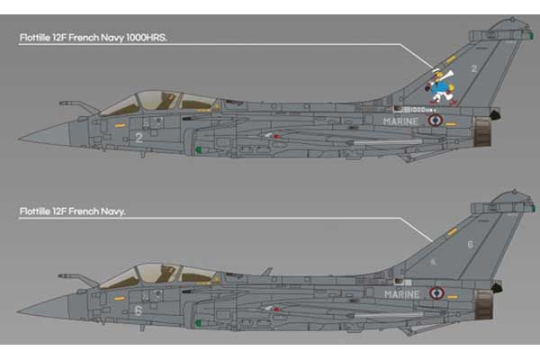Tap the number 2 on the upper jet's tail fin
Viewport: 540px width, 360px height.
[x=474, y=68]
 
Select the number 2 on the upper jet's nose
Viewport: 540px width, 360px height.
[x=139, y=138]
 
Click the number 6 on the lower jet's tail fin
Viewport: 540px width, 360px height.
[x=470, y=244]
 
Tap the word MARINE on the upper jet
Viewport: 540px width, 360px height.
[x=400, y=121]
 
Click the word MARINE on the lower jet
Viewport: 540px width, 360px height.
[x=400, y=293]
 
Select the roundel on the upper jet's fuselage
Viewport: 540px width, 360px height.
[x=436, y=120]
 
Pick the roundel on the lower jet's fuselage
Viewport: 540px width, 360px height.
[x=436, y=292]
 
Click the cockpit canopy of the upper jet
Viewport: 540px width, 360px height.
[x=157, y=101]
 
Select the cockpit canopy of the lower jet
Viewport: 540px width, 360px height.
[x=157, y=274]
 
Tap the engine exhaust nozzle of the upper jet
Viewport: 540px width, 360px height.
[x=482, y=132]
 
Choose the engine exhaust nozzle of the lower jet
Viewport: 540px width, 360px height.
[x=482, y=305]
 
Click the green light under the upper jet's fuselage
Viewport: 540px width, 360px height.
[x=198, y=150]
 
